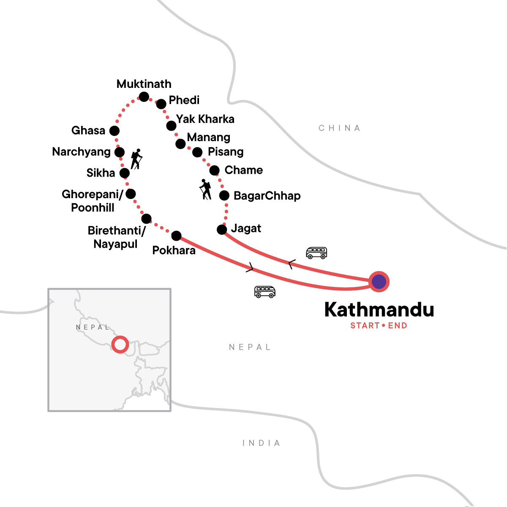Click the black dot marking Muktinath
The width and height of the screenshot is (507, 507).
pyautogui.click(x=144, y=97)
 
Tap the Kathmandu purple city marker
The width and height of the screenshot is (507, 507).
pyautogui.click(x=379, y=281)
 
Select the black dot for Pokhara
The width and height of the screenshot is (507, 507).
pyautogui.click(x=176, y=236)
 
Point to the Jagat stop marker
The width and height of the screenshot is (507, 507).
pyautogui.click(x=222, y=229)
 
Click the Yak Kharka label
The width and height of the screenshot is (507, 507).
pyautogui.click(x=205, y=119)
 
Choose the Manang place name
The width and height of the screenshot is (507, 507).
pyautogui.click(x=209, y=137)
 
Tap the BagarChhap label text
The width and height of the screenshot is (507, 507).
pyautogui.click(x=267, y=196)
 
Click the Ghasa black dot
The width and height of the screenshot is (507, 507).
pyautogui.click(x=114, y=131)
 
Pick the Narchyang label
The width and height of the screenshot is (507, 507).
pyautogui.click(x=81, y=152)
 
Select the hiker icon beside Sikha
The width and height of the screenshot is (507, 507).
pyautogui.click(x=136, y=159)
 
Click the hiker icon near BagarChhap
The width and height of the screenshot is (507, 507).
pyautogui.click(x=205, y=189)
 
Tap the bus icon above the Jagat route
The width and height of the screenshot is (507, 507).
pyautogui.click(x=316, y=253)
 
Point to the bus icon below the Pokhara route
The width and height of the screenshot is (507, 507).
pyautogui.click(x=265, y=292)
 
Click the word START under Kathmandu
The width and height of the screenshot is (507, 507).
pyautogui.click(x=365, y=326)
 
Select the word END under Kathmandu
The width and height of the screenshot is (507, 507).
pyautogui.click(x=398, y=326)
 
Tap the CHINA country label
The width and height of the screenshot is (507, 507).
pyautogui.click(x=339, y=128)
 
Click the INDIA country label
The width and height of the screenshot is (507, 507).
pyautogui.click(x=261, y=443)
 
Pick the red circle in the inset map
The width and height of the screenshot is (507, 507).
pyautogui.click(x=120, y=344)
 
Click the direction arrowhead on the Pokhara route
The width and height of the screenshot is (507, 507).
pyautogui.click(x=251, y=267)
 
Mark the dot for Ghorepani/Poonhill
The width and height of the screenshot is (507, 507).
pyautogui.click(x=131, y=194)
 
